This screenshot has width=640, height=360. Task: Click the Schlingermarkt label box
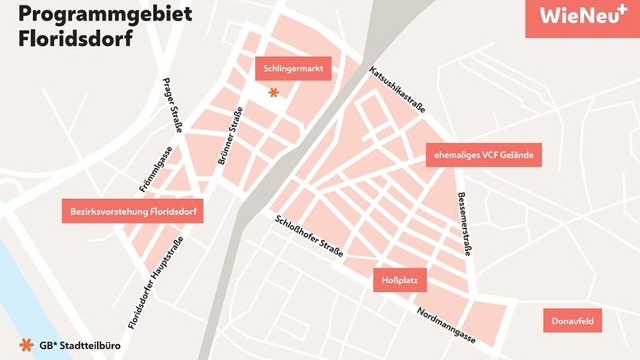[x=294, y=68]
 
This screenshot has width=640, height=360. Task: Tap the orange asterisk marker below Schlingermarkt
[x=273, y=92]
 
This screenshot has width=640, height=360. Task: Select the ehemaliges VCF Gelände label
[x=484, y=156]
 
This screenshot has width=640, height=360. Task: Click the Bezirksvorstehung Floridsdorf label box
[x=133, y=211]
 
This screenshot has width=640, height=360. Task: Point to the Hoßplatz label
[x=399, y=279]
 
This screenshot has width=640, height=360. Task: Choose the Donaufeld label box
[x=573, y=321]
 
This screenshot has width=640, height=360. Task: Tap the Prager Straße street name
[x=172, y=106]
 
